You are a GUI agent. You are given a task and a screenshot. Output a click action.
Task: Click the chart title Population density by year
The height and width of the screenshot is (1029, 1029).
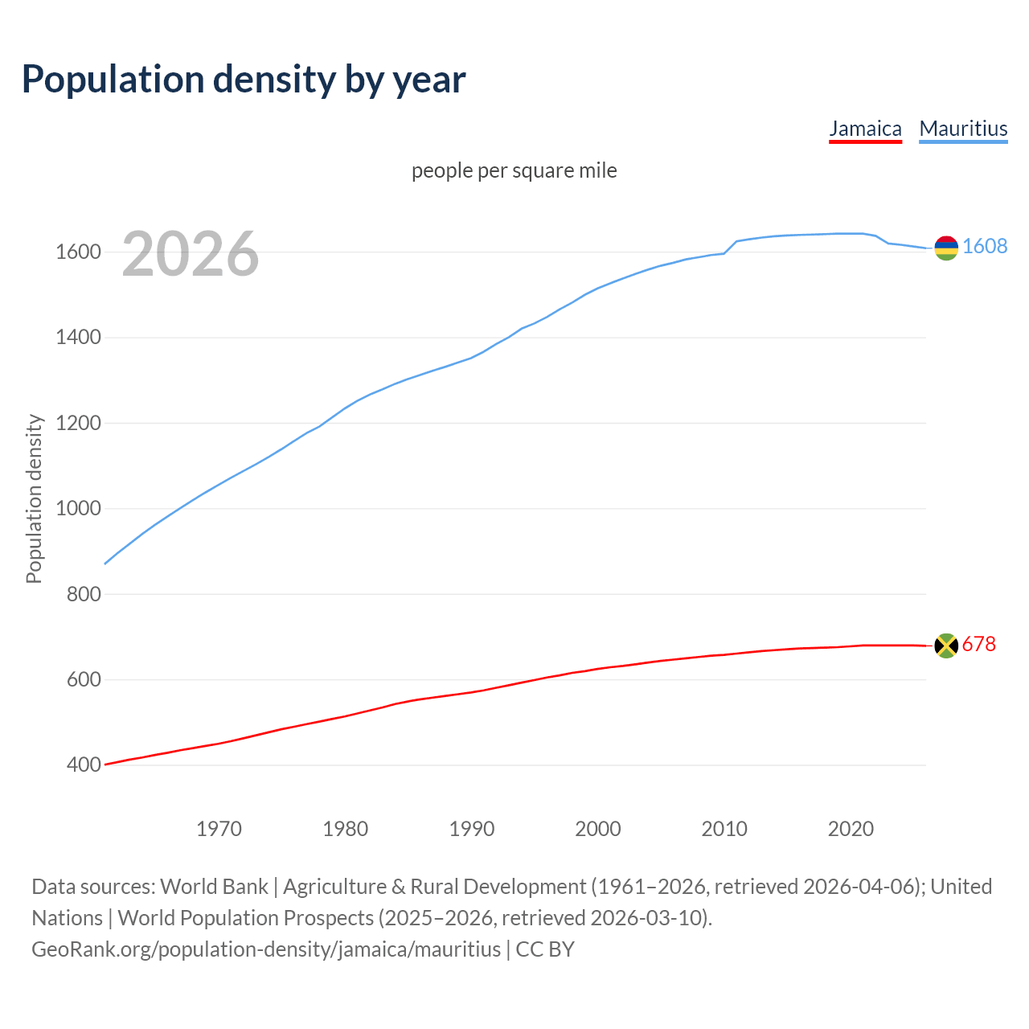(244, 80)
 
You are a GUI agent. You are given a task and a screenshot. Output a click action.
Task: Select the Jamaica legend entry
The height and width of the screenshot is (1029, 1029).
(865, 129)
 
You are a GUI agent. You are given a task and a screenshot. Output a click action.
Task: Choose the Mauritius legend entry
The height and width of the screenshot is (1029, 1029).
(963, 129)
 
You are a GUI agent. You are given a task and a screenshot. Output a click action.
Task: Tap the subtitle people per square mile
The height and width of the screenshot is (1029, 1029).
(514, 171)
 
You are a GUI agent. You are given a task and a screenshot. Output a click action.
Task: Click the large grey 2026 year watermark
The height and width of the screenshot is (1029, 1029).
(191, 255)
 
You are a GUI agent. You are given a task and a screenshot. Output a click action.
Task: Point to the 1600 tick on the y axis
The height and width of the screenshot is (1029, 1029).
(78, 252)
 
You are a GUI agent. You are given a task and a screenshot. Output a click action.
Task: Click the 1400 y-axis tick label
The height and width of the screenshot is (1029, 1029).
(78, 338)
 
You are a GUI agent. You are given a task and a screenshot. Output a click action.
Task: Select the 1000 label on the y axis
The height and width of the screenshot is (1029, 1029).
(78, 509)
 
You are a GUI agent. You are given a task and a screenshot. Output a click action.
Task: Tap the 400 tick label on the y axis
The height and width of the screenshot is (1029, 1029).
(84, 765)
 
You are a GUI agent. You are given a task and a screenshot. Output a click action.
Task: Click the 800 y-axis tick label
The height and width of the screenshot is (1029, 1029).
(84, 594)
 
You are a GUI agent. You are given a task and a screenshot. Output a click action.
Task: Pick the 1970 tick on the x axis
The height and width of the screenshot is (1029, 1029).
(219, 829)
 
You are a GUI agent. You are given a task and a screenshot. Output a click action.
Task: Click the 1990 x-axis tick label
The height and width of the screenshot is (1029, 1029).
(472, 829)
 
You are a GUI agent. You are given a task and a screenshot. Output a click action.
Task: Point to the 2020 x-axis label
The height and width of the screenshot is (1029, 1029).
(851, 829)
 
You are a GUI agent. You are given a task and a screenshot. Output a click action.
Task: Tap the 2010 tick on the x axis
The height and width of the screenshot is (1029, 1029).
(724, 829)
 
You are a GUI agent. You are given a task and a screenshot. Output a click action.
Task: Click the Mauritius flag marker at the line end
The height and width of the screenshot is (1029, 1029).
(946, 248)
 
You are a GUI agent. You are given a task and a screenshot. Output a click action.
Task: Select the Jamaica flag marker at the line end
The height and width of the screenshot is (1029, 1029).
(946, 646)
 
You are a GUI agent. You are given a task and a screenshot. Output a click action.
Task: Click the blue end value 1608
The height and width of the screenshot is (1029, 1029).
(985, 247)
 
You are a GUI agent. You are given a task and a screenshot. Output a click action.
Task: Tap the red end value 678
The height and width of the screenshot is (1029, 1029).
(978, 645)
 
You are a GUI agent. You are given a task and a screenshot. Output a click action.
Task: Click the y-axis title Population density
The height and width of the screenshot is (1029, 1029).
(34, 498)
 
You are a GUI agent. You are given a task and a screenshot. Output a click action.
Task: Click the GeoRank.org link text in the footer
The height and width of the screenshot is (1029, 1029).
(266, 949)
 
